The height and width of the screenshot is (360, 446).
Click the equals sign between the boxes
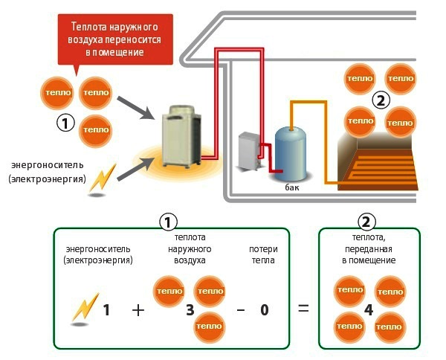tap(303, 308)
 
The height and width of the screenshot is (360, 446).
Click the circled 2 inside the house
tap(380, 100)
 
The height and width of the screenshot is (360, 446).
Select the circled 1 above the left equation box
tap(169, 222)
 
